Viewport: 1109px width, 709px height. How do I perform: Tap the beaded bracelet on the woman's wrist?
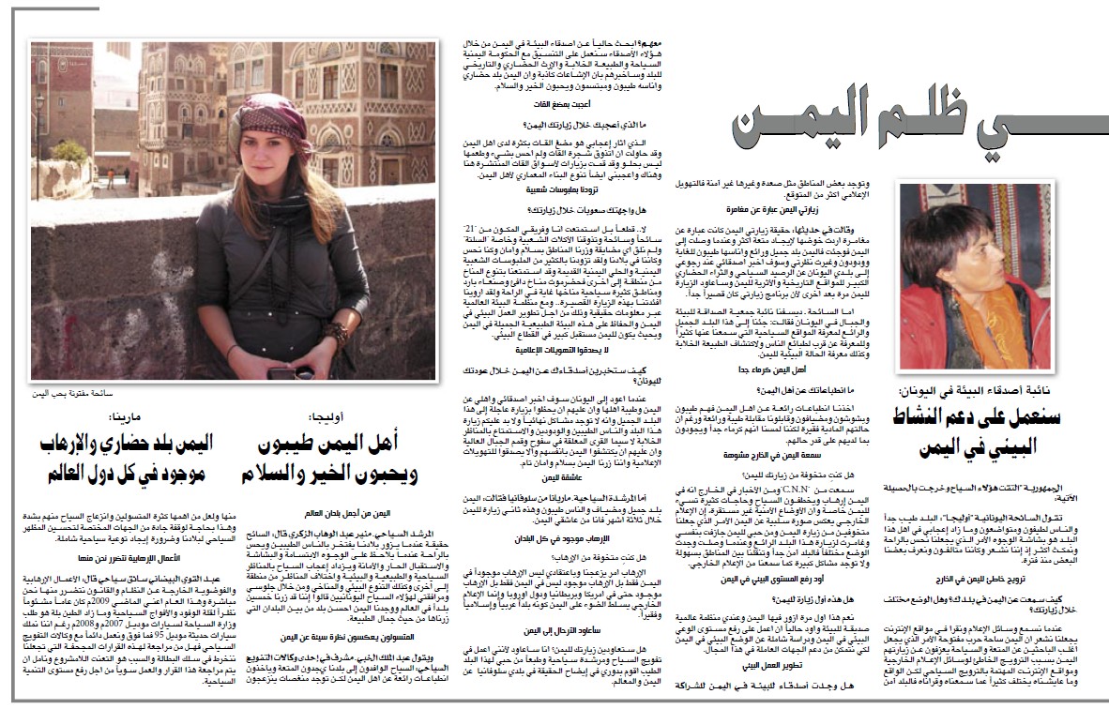pos(337,333)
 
